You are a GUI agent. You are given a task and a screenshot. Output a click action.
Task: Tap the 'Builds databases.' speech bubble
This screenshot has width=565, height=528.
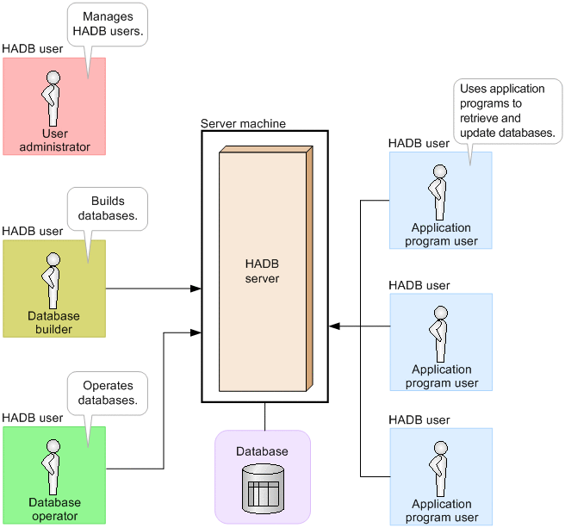107,208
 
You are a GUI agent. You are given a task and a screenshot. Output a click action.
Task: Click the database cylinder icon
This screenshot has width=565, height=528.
262,487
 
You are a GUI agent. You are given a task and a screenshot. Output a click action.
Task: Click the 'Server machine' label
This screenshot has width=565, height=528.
243,124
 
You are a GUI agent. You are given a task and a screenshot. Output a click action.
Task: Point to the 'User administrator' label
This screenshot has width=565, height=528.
53,140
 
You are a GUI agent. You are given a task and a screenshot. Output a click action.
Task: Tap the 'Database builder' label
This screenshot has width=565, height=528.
53,323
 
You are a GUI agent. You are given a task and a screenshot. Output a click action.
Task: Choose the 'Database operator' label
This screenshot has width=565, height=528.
54,509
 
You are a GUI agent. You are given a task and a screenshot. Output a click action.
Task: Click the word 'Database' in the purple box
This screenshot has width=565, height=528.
262,451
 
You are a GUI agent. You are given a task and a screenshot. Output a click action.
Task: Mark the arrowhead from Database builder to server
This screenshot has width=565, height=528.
196,289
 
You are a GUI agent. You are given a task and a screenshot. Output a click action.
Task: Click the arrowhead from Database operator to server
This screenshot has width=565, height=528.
196,332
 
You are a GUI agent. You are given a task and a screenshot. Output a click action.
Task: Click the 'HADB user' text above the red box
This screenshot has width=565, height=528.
33,49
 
